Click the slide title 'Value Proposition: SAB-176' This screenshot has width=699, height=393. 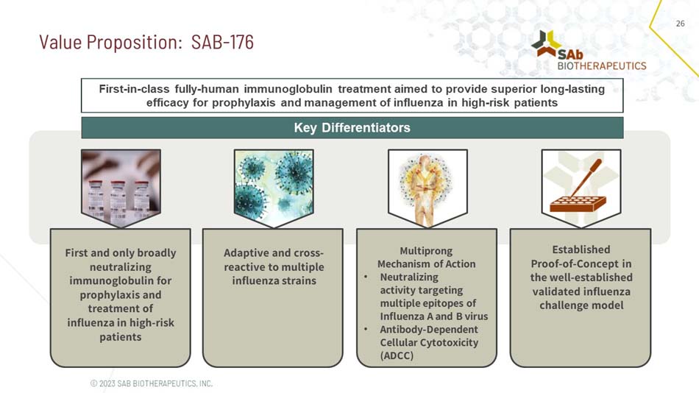point(146,42)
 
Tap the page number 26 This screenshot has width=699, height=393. point(680,24)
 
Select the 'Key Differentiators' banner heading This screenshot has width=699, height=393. point(352,127)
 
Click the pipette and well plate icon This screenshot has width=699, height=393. point(581,183)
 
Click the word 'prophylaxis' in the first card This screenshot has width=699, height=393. point(121,294)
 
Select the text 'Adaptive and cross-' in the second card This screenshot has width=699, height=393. point(274,252)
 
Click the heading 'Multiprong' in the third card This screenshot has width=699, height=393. point(426,250)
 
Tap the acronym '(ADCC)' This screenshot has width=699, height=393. point(397,355)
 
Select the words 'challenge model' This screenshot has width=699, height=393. point(581,305)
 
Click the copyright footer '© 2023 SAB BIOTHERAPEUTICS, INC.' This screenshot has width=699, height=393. point(151,383)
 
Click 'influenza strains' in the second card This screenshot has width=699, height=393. point(274,280)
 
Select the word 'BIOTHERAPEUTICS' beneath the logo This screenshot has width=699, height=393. point(601,65)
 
